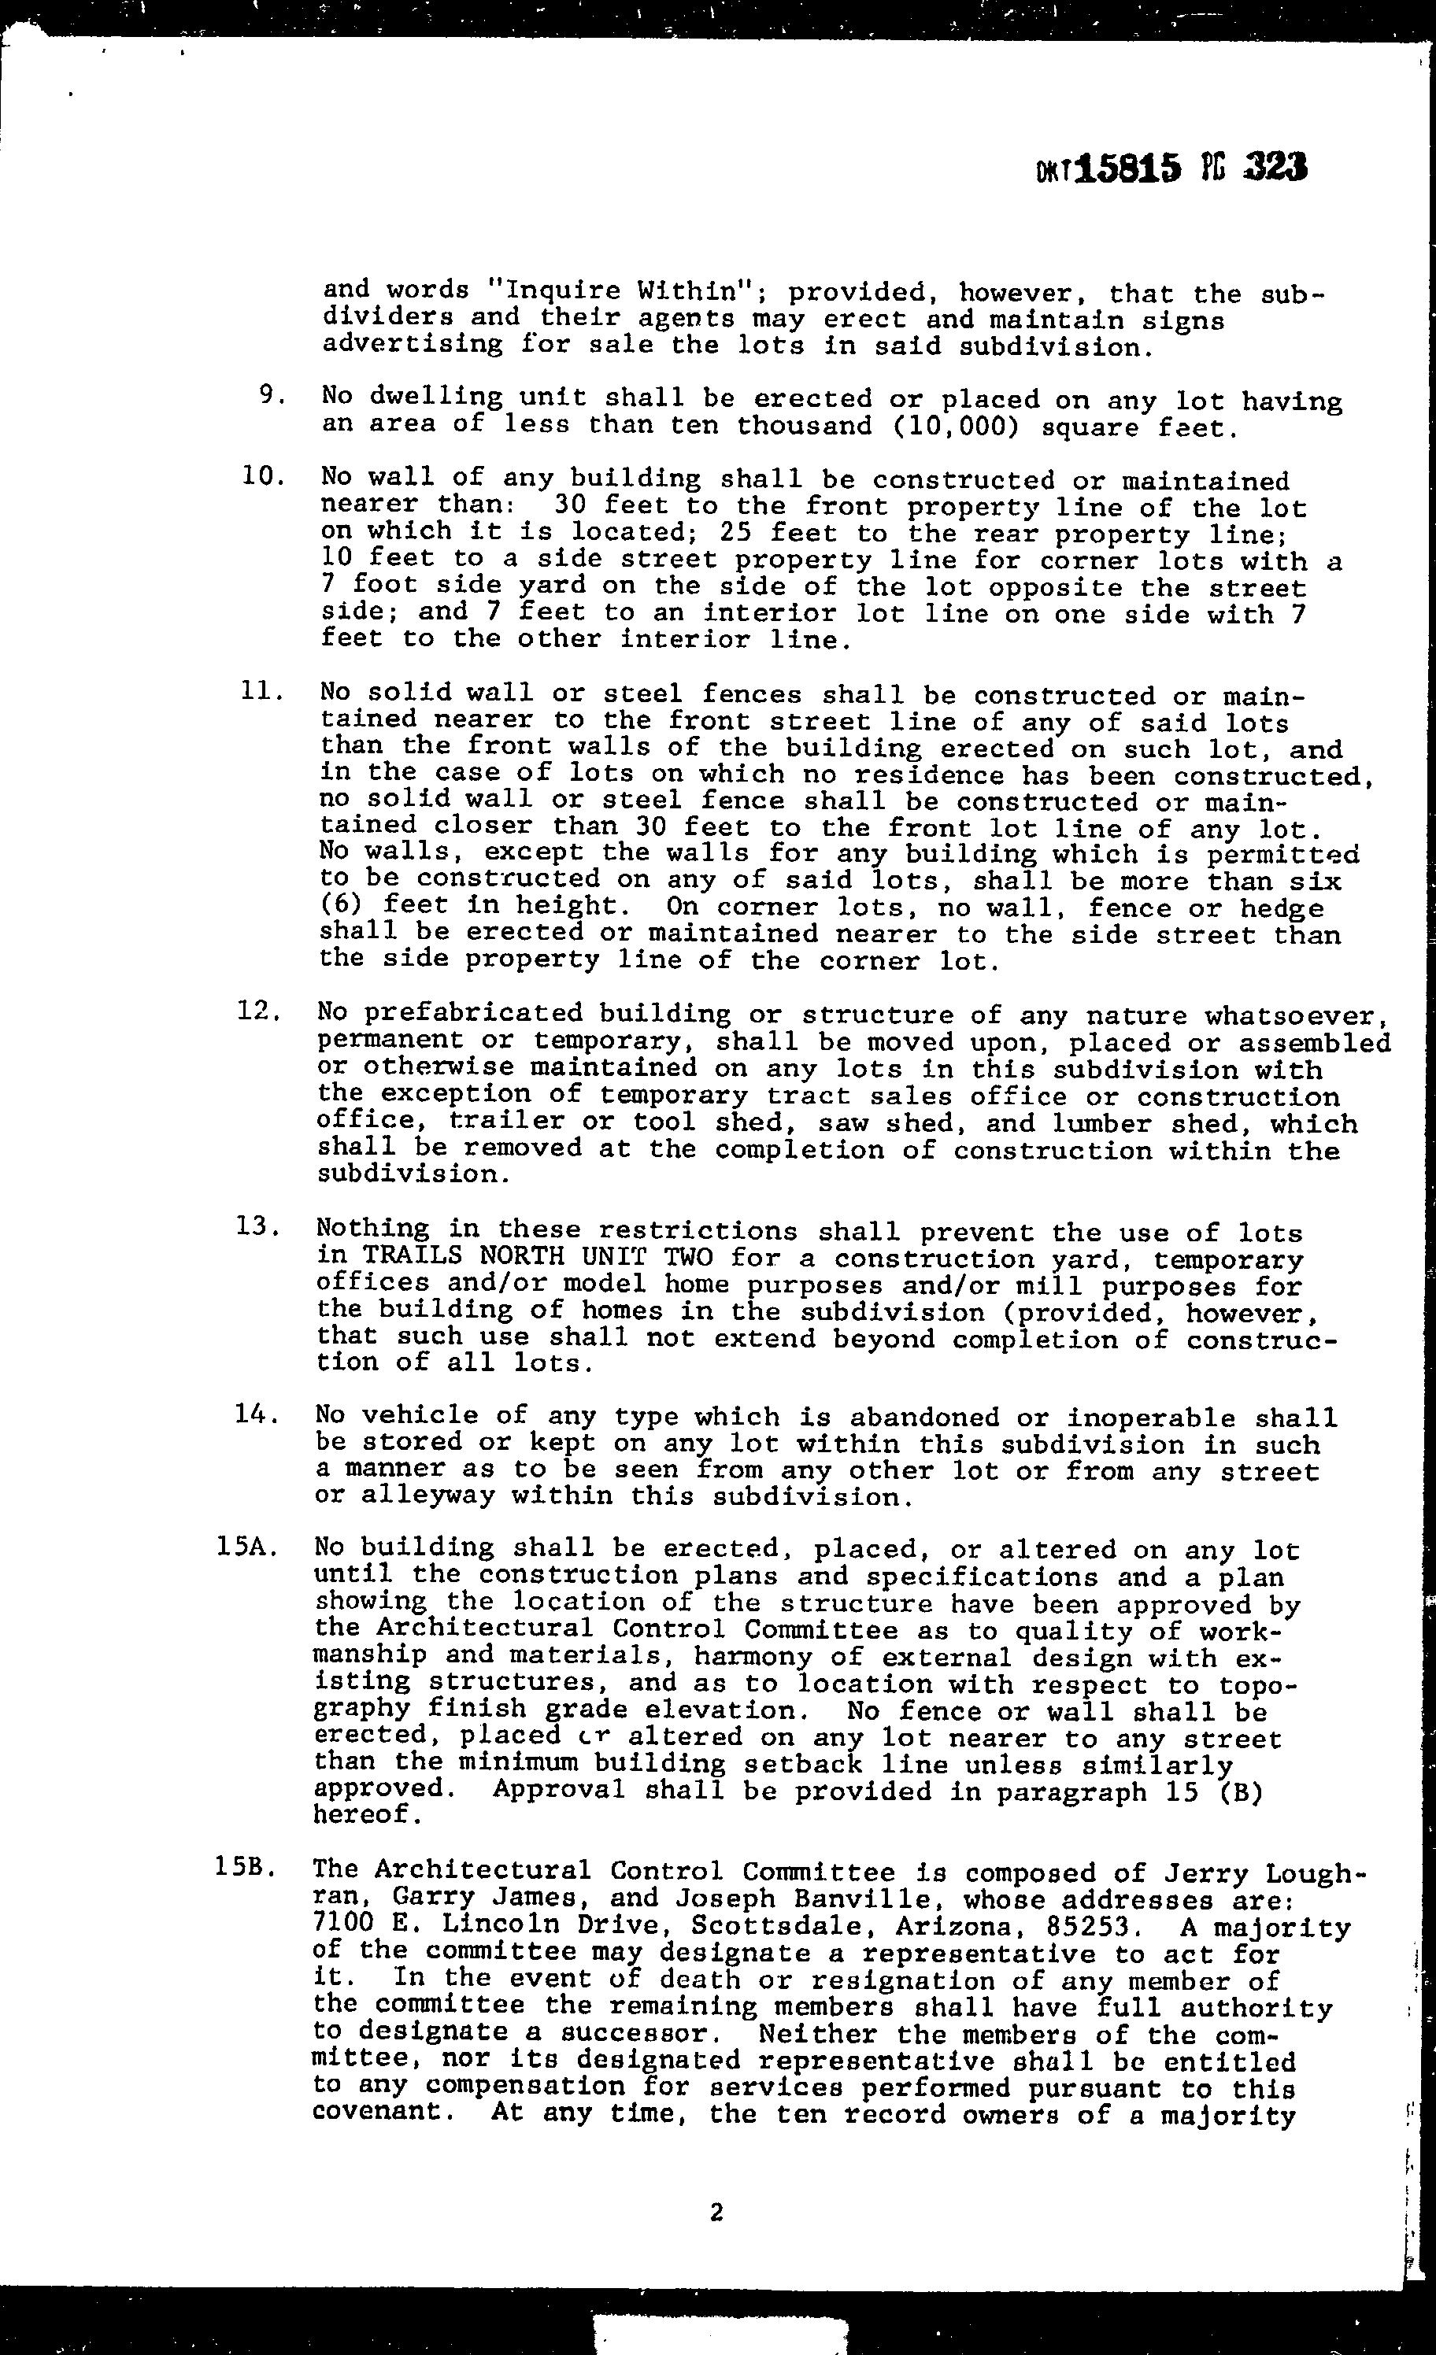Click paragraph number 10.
(263, 475)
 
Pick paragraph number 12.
(258, 1011)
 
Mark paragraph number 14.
(256, 1413)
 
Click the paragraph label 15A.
(246, 1547)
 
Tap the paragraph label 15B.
(246, 1869)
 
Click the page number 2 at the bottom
(716, 2213)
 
